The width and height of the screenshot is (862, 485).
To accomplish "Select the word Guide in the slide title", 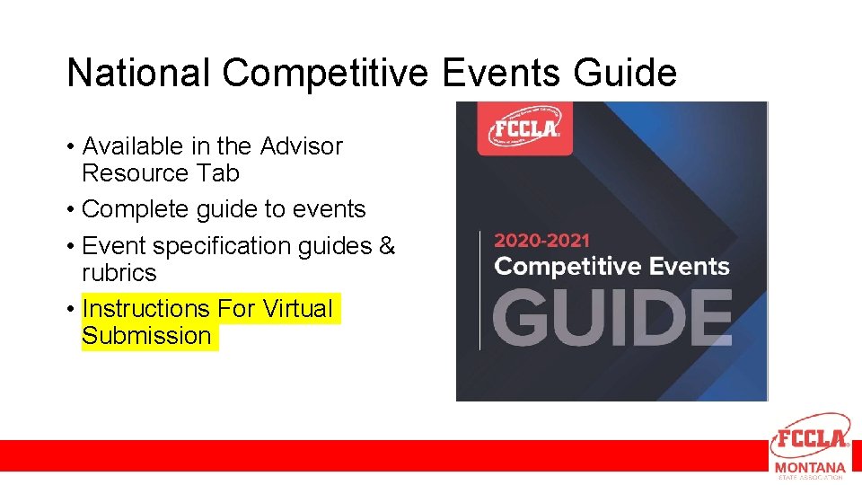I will pos(625,73).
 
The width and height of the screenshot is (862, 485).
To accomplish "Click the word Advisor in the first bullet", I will pos(302,145).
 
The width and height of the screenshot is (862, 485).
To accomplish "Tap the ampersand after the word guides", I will pos(387,245).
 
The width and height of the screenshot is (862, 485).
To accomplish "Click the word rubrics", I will pos(119,272).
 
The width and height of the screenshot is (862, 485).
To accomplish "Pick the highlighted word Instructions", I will pos(145,308).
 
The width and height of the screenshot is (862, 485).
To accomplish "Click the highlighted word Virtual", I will pos(297,308).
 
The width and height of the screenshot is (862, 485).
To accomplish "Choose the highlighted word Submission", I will pos(146,336).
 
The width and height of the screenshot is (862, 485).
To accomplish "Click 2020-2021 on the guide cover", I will pos(541,240).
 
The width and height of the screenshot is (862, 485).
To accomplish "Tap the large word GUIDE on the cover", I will pos(612,317).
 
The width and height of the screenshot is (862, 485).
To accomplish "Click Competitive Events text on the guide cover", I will pos(611,266).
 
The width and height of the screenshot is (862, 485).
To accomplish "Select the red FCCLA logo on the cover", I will pos(524,128).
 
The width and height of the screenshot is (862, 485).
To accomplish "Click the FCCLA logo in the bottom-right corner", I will pos(810,437).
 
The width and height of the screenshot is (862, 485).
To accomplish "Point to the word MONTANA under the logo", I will pos(810,467).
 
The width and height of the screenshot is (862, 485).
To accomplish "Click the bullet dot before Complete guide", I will pos(71,210).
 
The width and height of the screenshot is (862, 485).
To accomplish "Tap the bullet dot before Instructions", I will pos(71,309).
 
